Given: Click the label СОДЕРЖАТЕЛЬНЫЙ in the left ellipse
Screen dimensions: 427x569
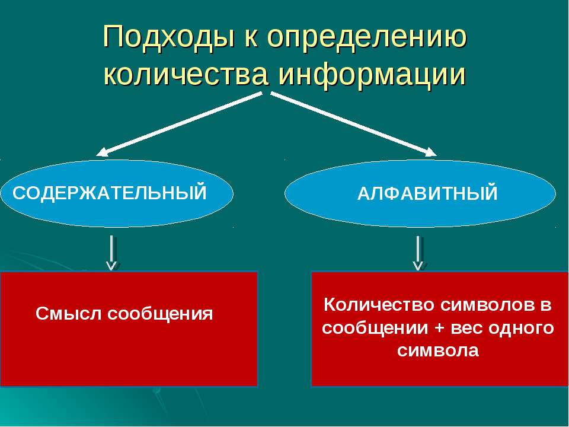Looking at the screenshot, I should [110, 193].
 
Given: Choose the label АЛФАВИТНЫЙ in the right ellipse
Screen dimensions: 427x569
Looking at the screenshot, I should [427, 194].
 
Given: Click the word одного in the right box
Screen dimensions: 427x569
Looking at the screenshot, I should [523, 328].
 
